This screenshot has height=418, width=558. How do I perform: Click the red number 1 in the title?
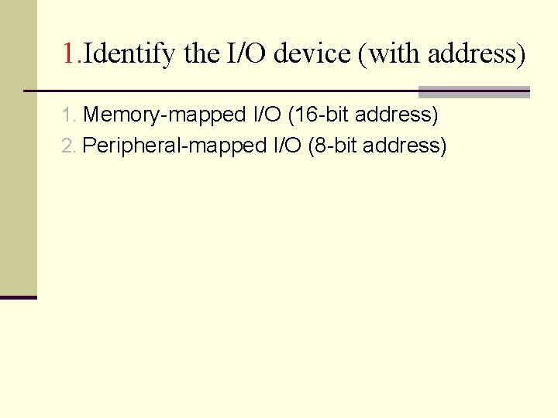point(69,54)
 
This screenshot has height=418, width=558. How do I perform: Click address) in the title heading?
point(477,54)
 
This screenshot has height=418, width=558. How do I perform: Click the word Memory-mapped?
point(165,116)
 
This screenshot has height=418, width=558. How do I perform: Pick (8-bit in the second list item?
point(332,146)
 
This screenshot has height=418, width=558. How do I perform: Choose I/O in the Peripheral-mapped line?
point(285,146)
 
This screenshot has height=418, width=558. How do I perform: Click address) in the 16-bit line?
point(398,116)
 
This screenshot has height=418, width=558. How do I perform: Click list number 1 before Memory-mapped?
point(67,116)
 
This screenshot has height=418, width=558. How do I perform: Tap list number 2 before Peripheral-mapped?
point(67,146)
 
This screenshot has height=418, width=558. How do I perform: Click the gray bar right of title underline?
point(474,92)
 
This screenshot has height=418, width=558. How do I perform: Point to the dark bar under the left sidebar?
point(19,297)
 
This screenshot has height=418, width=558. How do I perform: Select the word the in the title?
point(201,54)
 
